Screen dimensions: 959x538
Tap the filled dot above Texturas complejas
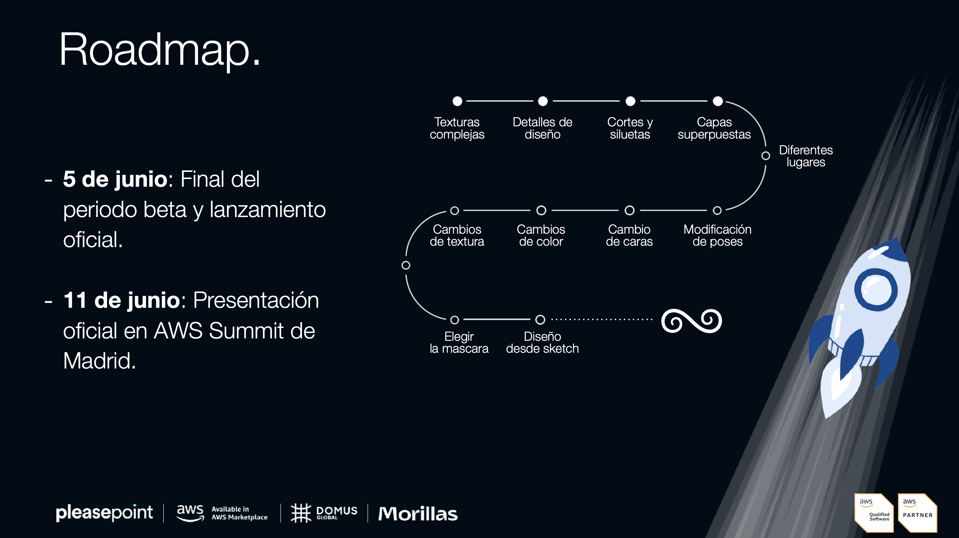(x=457, y=101)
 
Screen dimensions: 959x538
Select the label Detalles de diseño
(x=542, y=128)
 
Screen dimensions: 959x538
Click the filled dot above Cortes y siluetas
(x=630, y=101)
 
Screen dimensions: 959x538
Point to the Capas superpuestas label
(x=714, y=128)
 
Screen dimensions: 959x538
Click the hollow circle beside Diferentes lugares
(x=766, y=156)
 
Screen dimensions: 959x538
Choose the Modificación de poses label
(x=717, y=235)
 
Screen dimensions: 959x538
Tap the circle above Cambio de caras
(x=630, y=210)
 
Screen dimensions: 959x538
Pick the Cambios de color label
(x=541, y=235)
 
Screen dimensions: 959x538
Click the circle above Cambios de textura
(x=455, y=211)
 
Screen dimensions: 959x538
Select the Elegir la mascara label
(x=459, y=342)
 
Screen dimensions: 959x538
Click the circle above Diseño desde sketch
(x=540, y=319)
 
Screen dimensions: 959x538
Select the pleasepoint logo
(x=104, y=513)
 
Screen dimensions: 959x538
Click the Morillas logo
(x=418, y=513)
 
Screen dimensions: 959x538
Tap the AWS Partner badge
(x=918, y=513)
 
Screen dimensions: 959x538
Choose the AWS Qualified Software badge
(x=874, y=513)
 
